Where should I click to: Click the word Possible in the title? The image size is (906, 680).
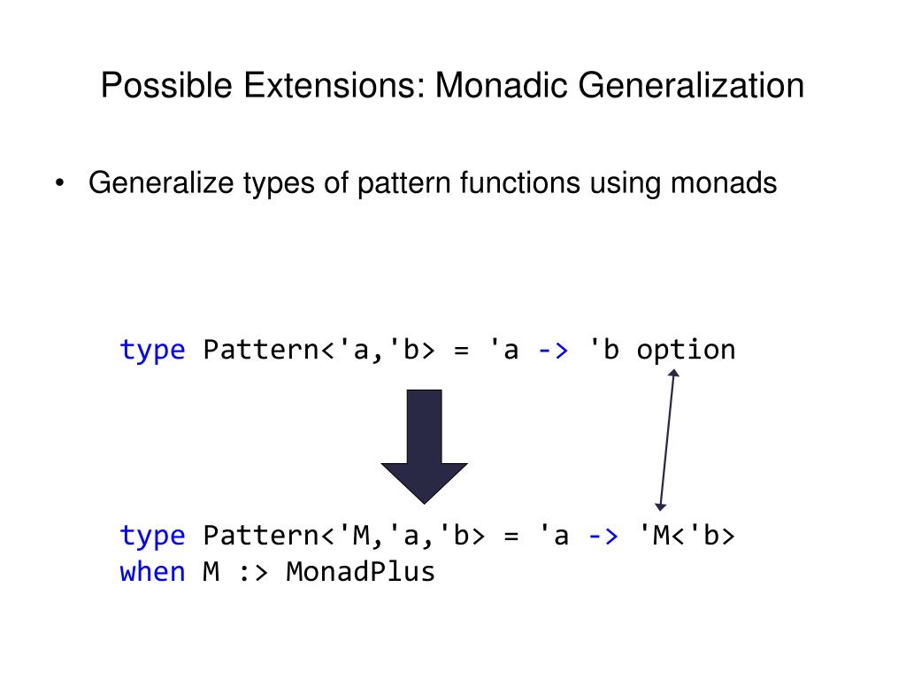pyautogui.click(x=150, y=88)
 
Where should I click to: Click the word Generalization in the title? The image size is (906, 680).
pyautogui.click(x=692, y=88)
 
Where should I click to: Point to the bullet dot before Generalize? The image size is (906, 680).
pyautogui.click(x=59, y=184)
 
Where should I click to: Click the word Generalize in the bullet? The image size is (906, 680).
pyautogui.click(x=162, y=183)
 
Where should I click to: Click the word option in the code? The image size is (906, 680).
pyautogui.click(x=686, y=350)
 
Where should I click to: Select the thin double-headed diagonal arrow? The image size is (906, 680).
pyautogui.click(x=666, y=440)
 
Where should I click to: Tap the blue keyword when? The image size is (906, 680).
pyautogui.click(x=152, y=572)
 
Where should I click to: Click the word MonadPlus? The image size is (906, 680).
pyautogui.click(x=361, y=572)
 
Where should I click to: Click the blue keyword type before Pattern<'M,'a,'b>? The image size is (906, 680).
pyautogui.click(x=152, y=536)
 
